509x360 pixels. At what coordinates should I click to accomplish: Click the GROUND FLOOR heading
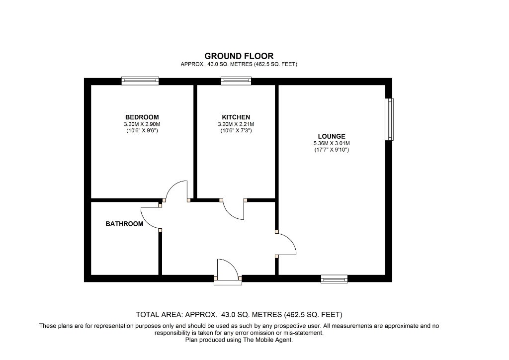[239, 56]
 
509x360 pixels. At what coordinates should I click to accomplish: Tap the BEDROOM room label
[142, 117]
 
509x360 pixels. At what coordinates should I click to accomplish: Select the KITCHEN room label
[236, 117]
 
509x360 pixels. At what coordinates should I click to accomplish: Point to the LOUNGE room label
[332, 136]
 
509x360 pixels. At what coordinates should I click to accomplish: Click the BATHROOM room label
[124, 224]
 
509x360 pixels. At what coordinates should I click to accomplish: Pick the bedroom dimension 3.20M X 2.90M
[142, 124]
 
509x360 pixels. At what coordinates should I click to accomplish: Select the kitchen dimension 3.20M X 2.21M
[236, 124]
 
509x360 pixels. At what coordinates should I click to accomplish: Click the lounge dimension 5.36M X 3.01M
[332, 143]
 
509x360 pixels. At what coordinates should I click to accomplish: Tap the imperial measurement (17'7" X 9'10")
[332, 150]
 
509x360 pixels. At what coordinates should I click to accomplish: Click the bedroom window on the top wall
[140, 81]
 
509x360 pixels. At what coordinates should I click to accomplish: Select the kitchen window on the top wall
[236, 81]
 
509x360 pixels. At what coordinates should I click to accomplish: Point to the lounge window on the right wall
[389, 119]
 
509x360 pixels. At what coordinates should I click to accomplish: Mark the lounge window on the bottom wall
[334, 279]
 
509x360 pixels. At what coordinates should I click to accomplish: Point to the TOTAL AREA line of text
[239, 315]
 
